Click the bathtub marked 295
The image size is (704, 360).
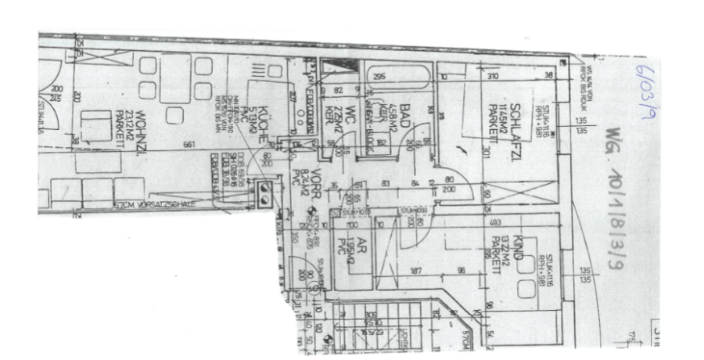point(399,79)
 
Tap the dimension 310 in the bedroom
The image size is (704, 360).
point(493,77)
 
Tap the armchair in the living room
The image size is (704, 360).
point(97,125)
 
